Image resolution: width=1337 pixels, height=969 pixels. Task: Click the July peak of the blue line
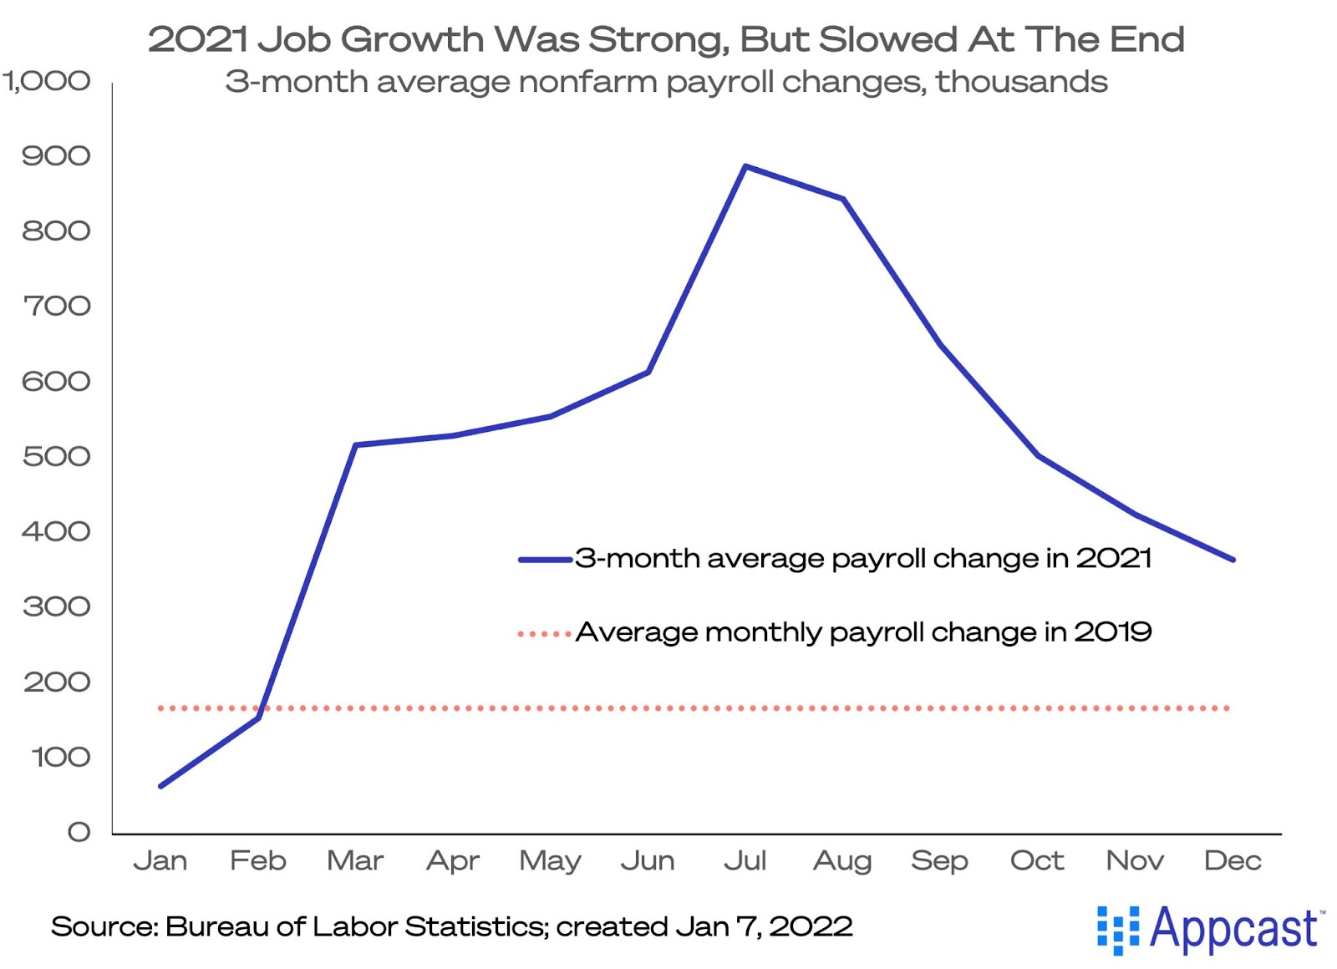click(745, 166)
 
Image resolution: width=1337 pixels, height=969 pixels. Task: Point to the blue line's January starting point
click(160, 786)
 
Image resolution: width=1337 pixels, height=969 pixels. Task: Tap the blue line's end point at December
click(1233, 560)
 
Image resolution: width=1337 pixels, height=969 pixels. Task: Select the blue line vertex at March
click(356, 445)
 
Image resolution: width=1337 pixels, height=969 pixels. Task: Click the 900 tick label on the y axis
click(56, 155)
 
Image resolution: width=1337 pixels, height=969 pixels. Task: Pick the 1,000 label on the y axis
click(47, 81)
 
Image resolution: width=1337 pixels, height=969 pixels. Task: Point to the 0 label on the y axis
click(79, 832)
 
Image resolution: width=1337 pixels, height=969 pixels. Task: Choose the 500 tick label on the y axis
click(56, 457)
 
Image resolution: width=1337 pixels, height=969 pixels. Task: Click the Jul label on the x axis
click(745, 860)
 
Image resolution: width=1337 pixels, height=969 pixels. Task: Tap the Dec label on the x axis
click(1233, 860)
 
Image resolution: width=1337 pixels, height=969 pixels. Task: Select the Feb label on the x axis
click(258, 860)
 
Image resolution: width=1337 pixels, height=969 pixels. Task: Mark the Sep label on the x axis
click(940, 860)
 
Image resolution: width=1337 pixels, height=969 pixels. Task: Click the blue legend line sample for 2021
click(545, 560)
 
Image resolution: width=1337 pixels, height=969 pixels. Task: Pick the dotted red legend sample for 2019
click(545, 634)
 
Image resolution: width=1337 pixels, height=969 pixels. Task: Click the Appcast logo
click(1210, 929)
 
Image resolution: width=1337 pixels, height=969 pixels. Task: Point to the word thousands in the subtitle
click(1021, 82)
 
